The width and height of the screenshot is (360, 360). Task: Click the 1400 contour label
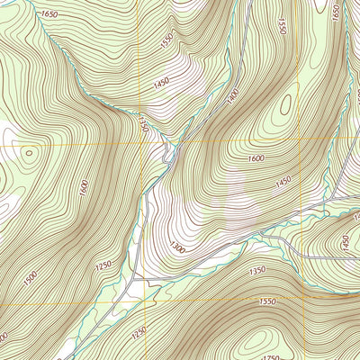click(234, 94)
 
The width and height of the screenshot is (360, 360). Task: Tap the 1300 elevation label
click(175, 247)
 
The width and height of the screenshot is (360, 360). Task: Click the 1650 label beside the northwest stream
click(49, 15)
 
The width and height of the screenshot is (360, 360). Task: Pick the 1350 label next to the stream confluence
click(141, 124)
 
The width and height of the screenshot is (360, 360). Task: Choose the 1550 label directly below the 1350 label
click(266, 303)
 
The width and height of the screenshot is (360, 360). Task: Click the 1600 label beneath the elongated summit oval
click(256, 159)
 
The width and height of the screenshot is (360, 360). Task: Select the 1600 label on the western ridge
click(84, 188)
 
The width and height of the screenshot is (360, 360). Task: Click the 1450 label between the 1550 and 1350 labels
click(161, 83)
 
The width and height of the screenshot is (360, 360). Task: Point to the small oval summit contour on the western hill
click(29, 153)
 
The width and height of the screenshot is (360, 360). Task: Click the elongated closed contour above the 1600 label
click(285, 106)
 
